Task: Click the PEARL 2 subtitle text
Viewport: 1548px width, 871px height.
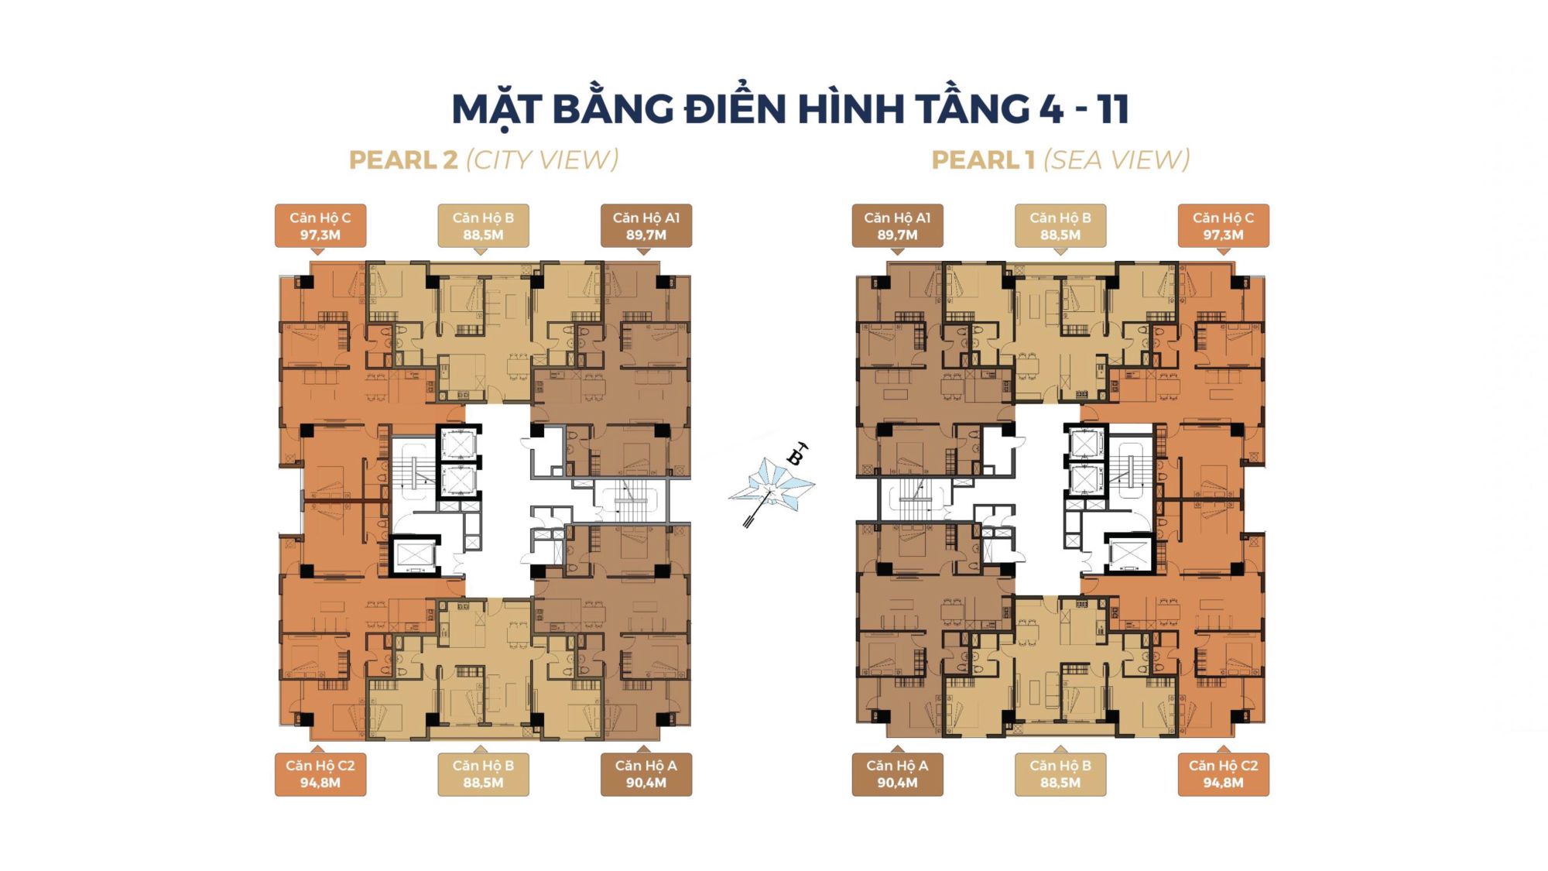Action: pyautogui.click(x=403, y=160)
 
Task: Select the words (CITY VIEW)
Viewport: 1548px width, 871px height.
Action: pyautogui.click(x=542, y=160)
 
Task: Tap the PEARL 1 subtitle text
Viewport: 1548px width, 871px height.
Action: pyautogui.click(x=983, y=160)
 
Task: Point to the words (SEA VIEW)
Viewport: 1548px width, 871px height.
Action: pyautogui.click(x=1117, y=160)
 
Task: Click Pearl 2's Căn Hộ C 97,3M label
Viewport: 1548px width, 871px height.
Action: pyautogui.click(x=320, y=226)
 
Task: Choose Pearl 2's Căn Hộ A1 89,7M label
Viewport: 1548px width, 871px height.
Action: pyautogui.click(x=646, y=226)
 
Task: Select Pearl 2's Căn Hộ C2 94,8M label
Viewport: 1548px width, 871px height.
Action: pyautogui.click(x=320, y=774)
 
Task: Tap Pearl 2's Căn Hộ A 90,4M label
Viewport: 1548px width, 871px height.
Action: pyautogui.click(x=646, y=774)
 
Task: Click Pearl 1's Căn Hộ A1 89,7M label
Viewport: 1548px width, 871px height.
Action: pyautogui.click(x=898, y=226)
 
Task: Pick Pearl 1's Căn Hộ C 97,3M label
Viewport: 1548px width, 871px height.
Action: pyautogui.click(x=1224, y=226)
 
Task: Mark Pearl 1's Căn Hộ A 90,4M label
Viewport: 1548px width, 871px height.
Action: pyautogui.click(x=898, y=774)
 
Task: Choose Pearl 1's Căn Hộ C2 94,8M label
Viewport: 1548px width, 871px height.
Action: pyautogui.click(x=1224, y=774)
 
